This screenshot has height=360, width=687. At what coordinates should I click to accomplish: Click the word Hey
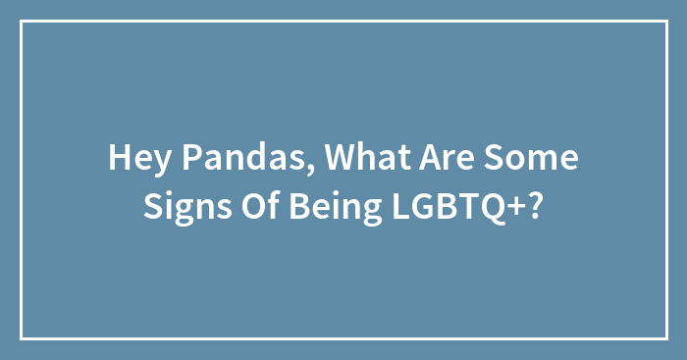[x=133, y=158]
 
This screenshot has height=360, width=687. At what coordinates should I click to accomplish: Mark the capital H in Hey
[x=118, y=158]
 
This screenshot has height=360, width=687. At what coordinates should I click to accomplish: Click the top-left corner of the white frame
[x=22, y=22]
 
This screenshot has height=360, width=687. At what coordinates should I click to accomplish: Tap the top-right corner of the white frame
[x=666, y=22]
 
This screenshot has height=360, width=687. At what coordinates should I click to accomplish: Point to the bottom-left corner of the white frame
[x=22, y=338]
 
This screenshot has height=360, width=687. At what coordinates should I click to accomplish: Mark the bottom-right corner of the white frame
[x=666, y=338]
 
